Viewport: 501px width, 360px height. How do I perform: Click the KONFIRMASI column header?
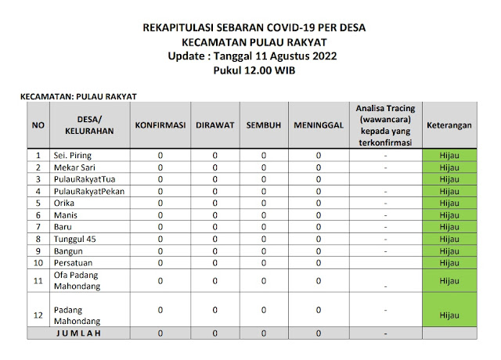[160, 125]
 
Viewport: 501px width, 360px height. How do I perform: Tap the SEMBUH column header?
[264, 125]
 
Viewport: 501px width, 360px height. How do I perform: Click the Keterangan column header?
[449, 125]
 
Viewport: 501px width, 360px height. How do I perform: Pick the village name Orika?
[67, 203]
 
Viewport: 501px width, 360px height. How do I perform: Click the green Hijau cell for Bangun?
[449, 250]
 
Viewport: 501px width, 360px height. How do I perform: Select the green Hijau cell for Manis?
[449, 214]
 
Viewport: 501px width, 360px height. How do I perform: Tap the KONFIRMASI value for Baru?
[160, 226]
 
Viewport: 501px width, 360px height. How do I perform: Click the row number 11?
[38, 280]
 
